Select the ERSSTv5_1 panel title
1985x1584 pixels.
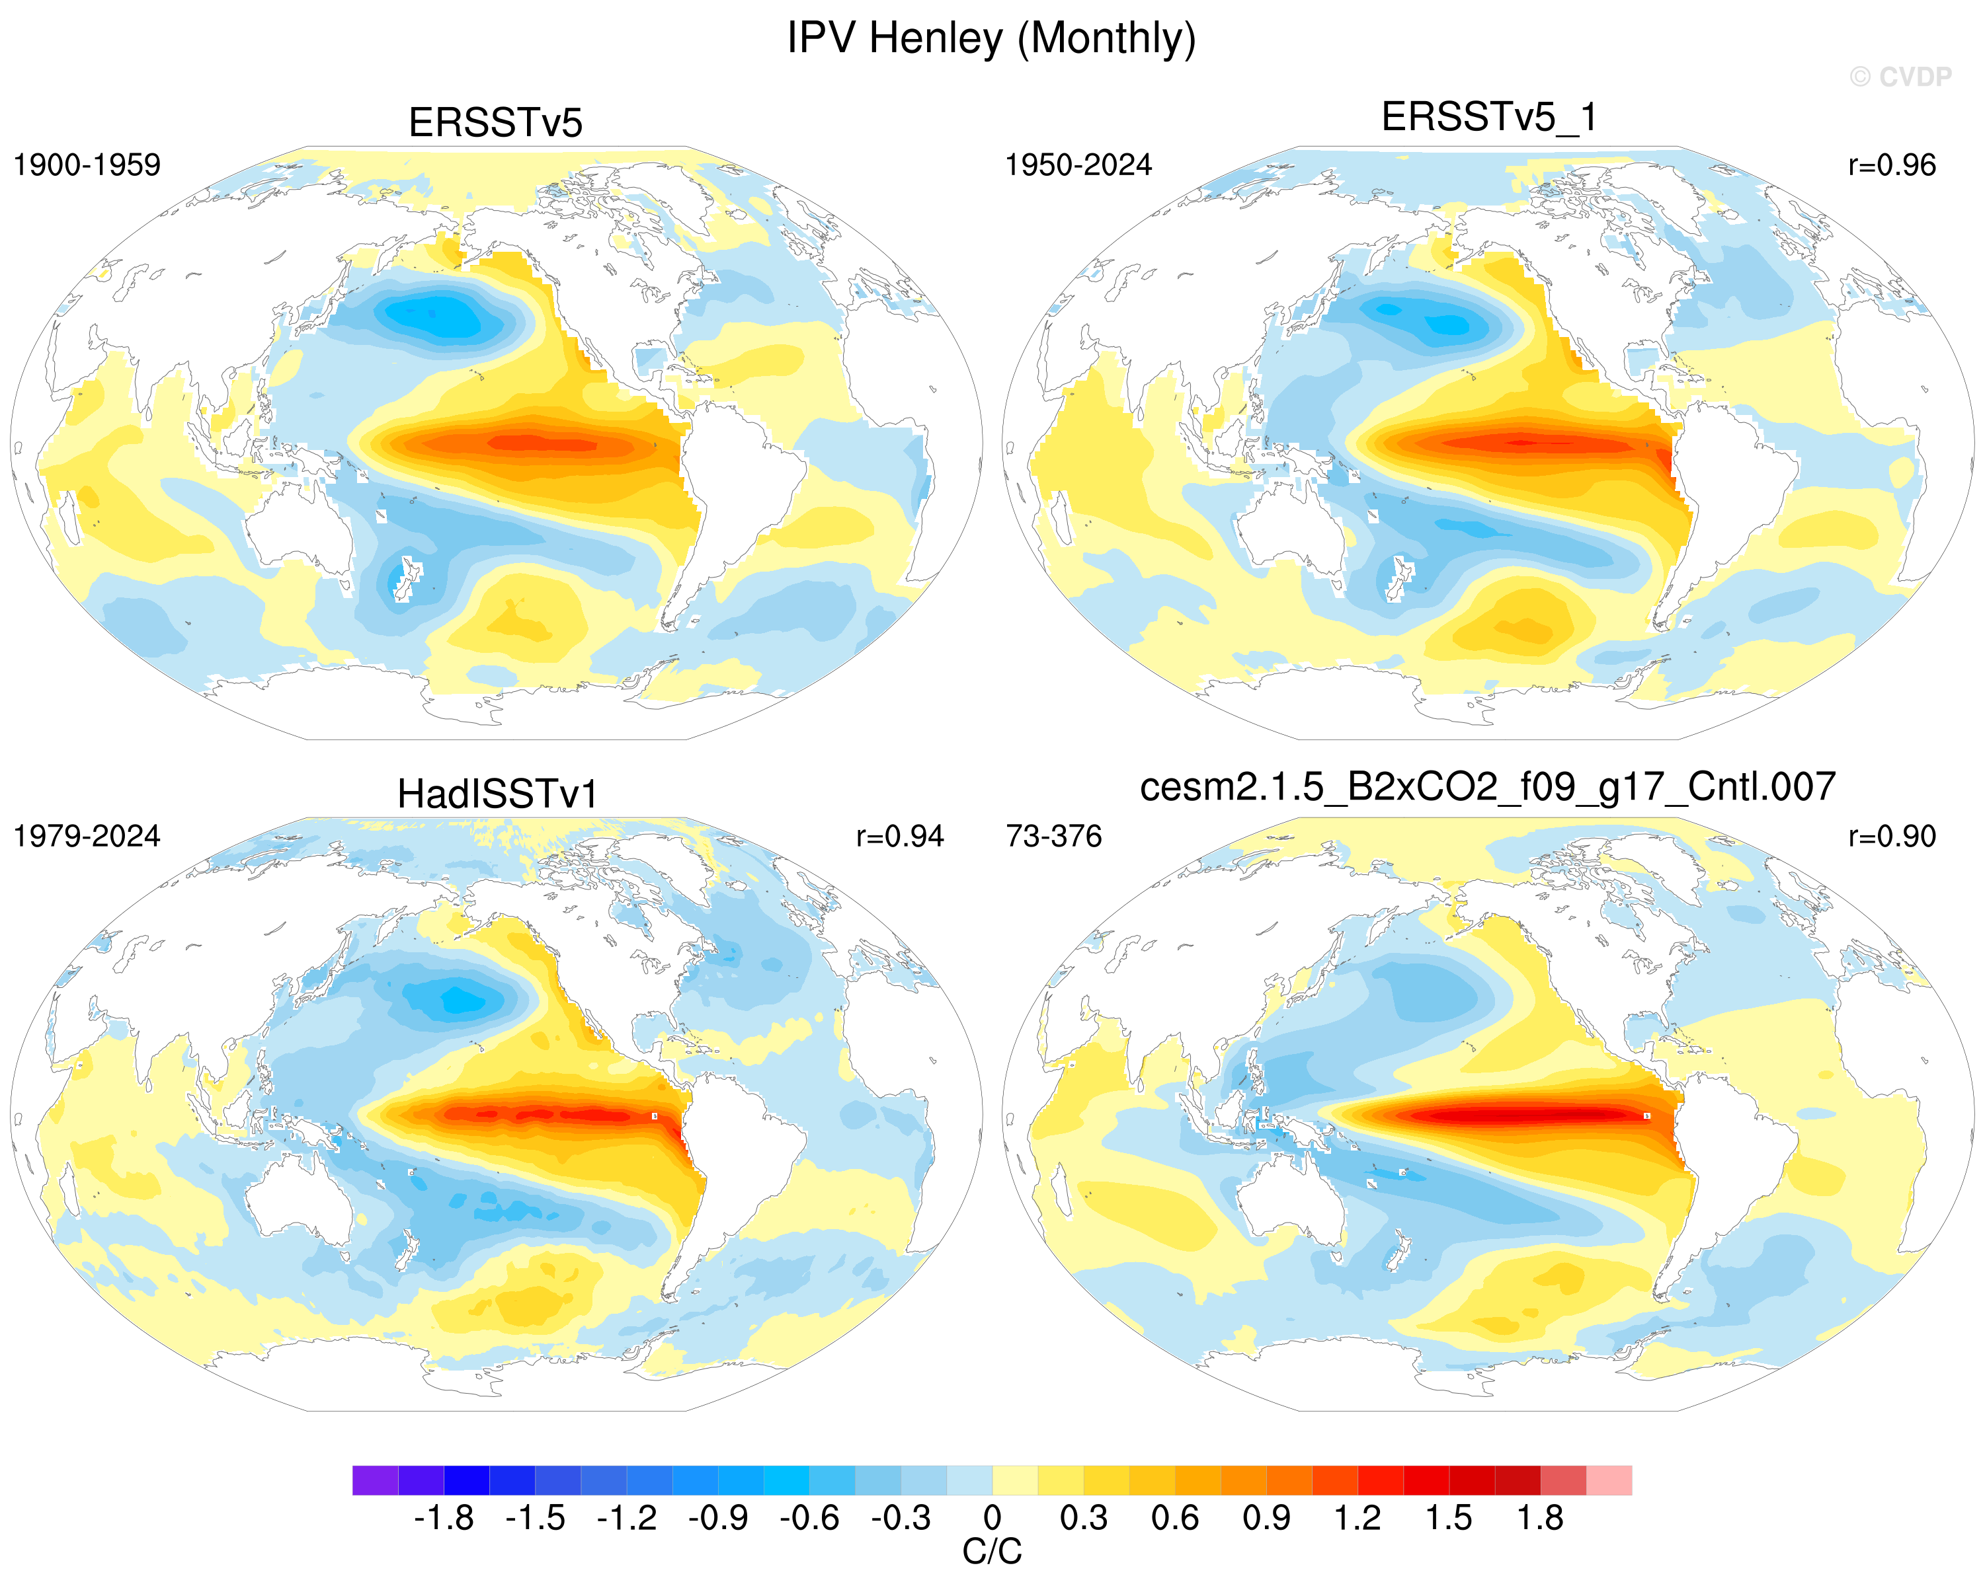tap(1490, 118)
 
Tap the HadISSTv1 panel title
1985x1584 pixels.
tap(497, 794)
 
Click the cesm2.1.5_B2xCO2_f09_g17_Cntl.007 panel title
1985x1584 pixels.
tap(1488, 787)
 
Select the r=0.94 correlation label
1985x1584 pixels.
tap(899, 836)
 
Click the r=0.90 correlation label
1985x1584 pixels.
tap(1892, 836)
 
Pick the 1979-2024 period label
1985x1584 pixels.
tap(87, 836)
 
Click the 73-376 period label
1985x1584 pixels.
tap(1053, 836)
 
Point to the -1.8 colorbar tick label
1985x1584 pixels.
tap(444, 1519)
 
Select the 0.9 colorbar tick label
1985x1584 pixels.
tap(1266, 1519)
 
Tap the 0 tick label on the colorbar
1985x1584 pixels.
tap(992, 1519)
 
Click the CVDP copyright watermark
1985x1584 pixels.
tap(1900, 77)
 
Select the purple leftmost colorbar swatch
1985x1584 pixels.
tap(375, 1480)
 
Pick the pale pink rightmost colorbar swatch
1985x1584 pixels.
tap(1609, 1480)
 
